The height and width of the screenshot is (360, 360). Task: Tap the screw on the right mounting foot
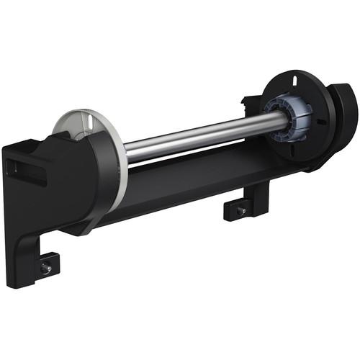click(x=241, y=211)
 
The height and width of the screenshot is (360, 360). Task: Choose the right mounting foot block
click(x=238, y=210)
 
